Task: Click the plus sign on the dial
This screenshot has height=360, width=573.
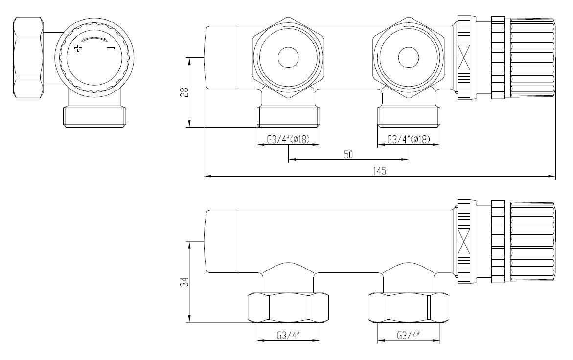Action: click(x=78, y=48)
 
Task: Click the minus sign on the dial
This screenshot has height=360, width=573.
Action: click(x=111, y=48)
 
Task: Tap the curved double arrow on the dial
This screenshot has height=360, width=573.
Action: click(x=94, y=39)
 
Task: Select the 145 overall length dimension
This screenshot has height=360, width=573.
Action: click(x=380, y=171)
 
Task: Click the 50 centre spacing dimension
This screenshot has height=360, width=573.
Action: click(x=348, y=155)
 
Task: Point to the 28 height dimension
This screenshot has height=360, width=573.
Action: click(x=185, y=92)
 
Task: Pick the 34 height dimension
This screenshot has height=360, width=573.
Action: click(x=185, y=282)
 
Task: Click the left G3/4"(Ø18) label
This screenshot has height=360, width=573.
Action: click(x=288, y=139)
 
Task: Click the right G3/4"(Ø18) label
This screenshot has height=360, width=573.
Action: click(x=409, y=139)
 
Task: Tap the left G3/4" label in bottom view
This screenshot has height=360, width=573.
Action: click(x=288, y=336)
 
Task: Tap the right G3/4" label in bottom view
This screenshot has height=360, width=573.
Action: click(x=408, y=336)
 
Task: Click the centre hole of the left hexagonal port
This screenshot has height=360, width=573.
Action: click(x=288, y=58)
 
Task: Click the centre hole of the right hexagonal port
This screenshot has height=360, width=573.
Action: click(x=409, y=58)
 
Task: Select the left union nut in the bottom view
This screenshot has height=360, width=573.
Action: click(x=288, y=308)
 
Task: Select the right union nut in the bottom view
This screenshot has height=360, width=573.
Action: click(x=408, y=308)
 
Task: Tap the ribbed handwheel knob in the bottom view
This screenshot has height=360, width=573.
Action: click(x=523, y=241)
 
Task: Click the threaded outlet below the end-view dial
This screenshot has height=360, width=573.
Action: click(x=94, y=116)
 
